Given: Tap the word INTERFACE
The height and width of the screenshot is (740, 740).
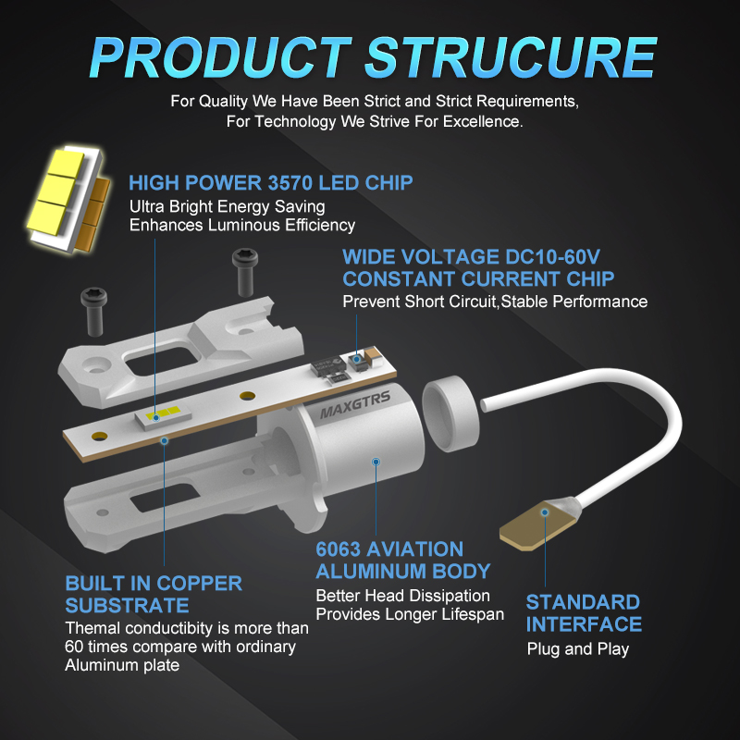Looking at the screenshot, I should pos(584,624).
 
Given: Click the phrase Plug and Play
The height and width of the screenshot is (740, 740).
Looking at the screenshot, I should pos(577,648).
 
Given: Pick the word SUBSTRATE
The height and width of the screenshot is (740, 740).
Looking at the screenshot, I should pos(127,606).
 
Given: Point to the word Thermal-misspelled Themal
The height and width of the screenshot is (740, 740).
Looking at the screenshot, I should pos(91,628).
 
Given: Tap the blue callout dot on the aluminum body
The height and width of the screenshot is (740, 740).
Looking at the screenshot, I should pos(376,460).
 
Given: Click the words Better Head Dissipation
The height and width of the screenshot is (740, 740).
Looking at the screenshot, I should pos(402,595).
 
